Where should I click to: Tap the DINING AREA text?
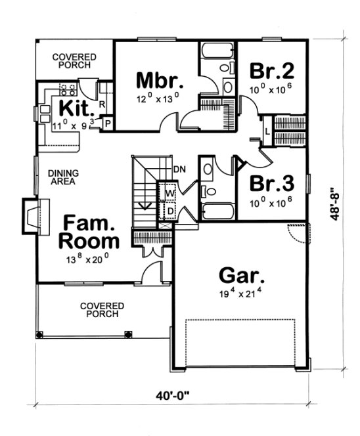coord(64,177)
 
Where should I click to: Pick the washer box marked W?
coord(169,194)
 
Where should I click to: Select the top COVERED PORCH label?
coord(74,61)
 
